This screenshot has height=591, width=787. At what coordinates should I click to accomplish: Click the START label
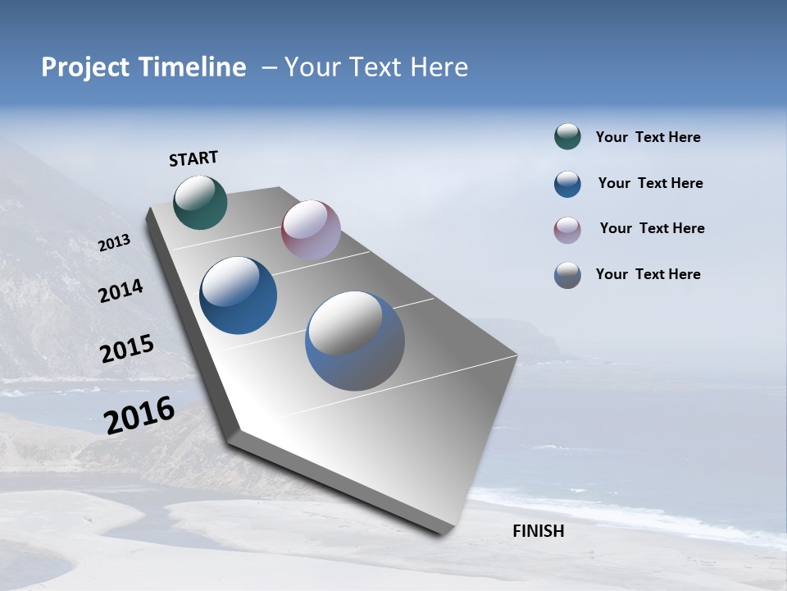(x=193, y=158)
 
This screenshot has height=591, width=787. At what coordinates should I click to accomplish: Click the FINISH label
(x=538, y=531)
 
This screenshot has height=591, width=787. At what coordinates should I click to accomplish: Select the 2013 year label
(x=114, y=243)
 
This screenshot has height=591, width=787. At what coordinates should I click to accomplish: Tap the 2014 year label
(x=121, y=291)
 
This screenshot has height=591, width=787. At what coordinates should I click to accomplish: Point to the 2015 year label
(x=126, y=349)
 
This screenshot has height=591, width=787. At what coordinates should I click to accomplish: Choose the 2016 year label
(x=139, y=415)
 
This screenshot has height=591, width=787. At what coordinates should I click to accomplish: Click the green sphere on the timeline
(x=200, y=202)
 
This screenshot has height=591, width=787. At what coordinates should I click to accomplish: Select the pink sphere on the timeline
(x=311, y=229)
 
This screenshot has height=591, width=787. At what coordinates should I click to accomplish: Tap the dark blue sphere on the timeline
(x=239, y=295)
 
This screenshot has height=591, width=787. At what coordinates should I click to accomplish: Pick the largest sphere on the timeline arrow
(x=355, y=341)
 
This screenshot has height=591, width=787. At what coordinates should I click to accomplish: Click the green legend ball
(x=567, y=137)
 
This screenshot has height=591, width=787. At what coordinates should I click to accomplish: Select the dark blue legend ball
(x=567, y=184)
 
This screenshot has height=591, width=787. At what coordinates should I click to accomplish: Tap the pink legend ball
(x=567, y=230)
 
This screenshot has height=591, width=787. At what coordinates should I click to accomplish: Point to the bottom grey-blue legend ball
(x=567, y=275)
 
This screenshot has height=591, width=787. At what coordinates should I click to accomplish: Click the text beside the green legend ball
(x=648, y=138)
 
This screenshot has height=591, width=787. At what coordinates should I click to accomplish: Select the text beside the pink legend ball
(x=652, y=228)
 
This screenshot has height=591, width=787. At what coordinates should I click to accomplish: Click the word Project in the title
(x=84, y=67)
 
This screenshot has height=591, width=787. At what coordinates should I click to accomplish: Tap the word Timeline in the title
(x=197, y=67)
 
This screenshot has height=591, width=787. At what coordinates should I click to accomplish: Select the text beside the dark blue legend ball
(x=650, y=183)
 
